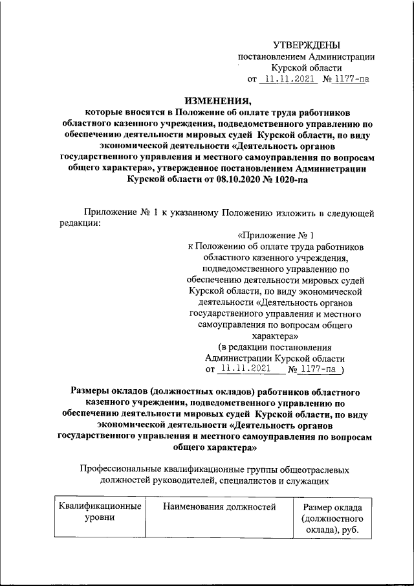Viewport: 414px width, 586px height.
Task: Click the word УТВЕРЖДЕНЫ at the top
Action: pos(306,45)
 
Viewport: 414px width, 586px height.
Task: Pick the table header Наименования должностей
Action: pos(219,506)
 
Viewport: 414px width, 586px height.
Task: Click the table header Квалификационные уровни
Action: pos(100,512)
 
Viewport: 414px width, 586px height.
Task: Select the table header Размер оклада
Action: pos(332,507)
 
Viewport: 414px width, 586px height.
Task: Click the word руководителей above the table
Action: pos(196,480)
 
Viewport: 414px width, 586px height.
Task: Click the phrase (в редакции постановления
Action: pos(275,348)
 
